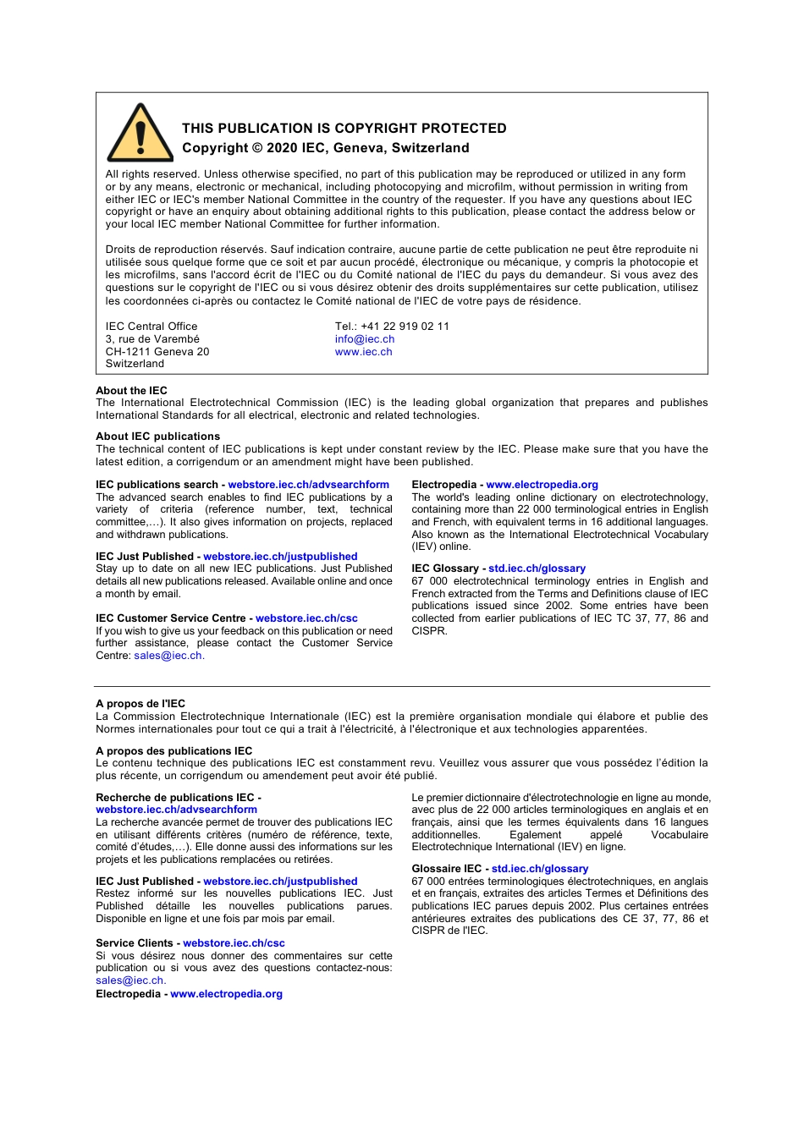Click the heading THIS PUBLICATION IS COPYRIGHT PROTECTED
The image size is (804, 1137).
344,129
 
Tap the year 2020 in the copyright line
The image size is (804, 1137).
282,148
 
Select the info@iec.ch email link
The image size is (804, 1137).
364,339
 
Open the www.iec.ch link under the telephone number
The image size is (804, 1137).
363,352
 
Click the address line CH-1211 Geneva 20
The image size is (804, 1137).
157,352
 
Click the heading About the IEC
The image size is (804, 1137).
131,391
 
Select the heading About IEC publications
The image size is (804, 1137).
157,437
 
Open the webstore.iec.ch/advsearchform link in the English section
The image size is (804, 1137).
308,485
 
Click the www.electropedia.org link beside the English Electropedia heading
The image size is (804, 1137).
542,485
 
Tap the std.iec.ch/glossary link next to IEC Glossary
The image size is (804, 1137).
537,568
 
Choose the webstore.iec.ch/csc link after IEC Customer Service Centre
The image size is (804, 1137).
306,618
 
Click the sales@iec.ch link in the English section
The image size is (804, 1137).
168,656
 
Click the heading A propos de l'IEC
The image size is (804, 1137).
140,704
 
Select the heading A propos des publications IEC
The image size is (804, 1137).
173,751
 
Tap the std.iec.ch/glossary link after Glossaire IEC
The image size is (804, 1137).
539,869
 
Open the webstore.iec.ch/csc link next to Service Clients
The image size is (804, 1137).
234,943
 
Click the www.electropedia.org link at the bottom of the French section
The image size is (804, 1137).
226,994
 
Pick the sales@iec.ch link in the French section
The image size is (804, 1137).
129,980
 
